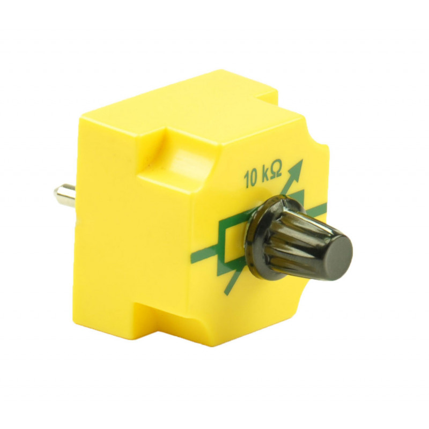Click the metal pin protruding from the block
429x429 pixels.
[x=65, y=195]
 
